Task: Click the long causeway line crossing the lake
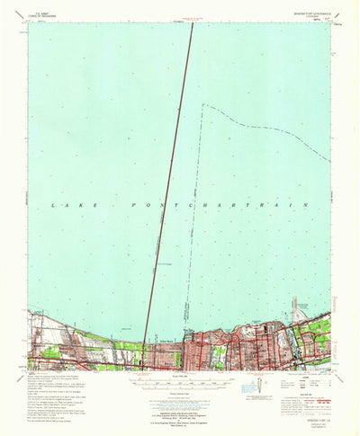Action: click(175, 180)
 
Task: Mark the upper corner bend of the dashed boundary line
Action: click(205, 105)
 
